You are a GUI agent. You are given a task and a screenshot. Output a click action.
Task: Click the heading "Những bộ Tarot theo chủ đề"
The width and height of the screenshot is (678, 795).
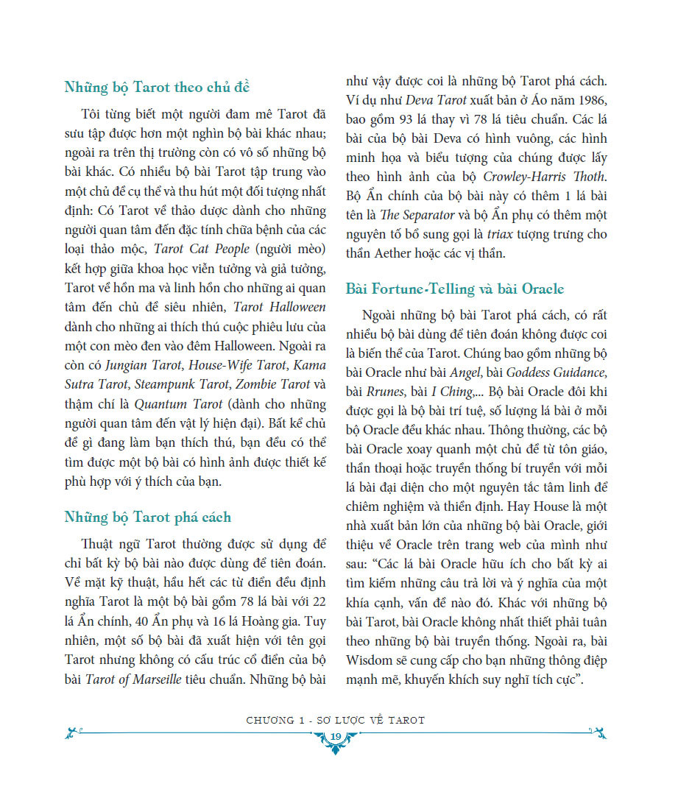(x=158, y=88)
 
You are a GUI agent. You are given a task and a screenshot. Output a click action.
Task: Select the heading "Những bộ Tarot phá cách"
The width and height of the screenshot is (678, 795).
(x=147, y=517)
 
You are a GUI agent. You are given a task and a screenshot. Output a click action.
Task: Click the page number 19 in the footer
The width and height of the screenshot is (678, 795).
(x=336, y=738)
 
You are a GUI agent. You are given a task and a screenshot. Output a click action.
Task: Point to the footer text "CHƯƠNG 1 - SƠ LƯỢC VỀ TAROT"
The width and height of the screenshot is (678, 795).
(x=336, y=720)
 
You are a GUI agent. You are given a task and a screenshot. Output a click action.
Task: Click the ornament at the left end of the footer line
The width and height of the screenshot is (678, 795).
(x=71, y=732)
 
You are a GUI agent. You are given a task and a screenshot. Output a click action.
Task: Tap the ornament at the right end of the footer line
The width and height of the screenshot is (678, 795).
(x=601, y=732)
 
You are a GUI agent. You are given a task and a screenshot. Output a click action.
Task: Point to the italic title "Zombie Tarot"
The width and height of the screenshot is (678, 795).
(x=275, y=384)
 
